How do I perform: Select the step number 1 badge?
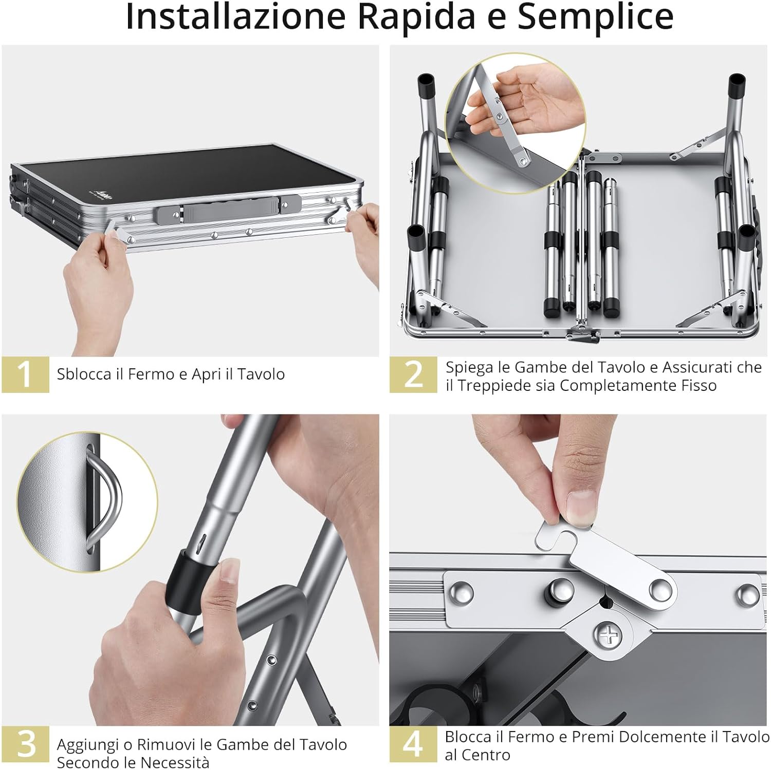pyautogui.click(x=25, y=374)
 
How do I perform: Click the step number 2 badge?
pyautogui.click(x=413, y=374)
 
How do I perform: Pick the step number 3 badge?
pyautogui.click(x=26, y=744)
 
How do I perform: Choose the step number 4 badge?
pyautogui.click(x=413, y=744)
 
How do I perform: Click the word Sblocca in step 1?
pyautogui.click(x=84, y=374)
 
